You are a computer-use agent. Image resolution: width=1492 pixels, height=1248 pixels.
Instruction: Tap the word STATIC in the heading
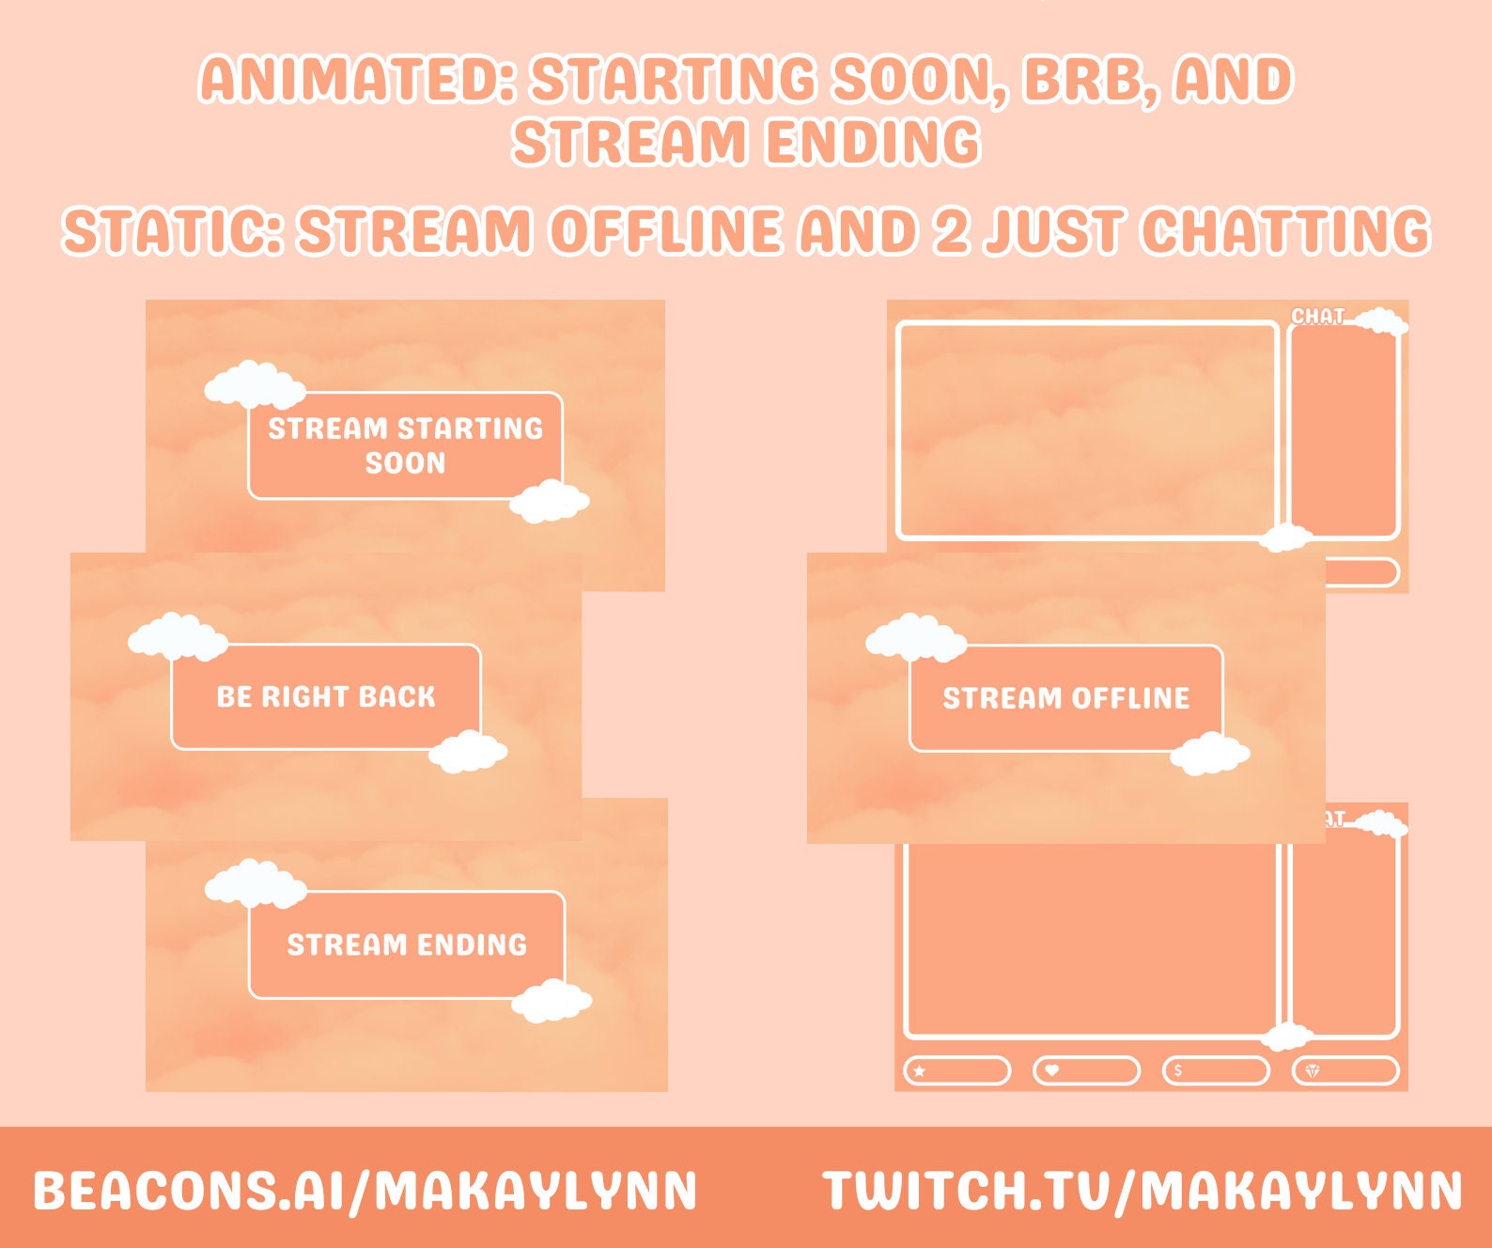pyautogui.click(x=172, y=231)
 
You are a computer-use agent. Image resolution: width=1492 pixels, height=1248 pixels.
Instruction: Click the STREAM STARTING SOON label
pyautogui.click(x=406, y=445)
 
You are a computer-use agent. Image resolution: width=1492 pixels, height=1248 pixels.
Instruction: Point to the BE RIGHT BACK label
pyautogui.click(x=326, y=696)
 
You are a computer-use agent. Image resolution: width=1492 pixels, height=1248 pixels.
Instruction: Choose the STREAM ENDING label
pyautogui.click(x=407, y=944)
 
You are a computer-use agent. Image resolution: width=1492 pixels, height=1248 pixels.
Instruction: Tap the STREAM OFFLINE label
pyautogui.click(x=1066, y=698)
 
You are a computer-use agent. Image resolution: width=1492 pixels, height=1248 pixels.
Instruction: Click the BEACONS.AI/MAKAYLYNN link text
pyautogui.click(x=365, y=1190)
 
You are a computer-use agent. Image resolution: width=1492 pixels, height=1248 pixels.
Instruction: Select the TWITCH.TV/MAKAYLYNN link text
pyautogui.click(x=1142, y=1190)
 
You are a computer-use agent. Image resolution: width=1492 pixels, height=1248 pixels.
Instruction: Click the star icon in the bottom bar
pyautogui.click(x=920, y=1070)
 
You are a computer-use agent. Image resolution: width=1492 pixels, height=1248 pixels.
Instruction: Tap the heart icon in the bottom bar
pyautogui.click(x=1052, y=1070)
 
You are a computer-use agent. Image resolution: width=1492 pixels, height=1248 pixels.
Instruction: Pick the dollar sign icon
pyautogui.click(x=1178, y=1070)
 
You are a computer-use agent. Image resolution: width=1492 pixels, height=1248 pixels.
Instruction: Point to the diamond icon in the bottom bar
pyautogui.click(x=1313, y=1070)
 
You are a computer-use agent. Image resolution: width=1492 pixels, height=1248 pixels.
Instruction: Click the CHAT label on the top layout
pyautogui.click(x=1317, y=316)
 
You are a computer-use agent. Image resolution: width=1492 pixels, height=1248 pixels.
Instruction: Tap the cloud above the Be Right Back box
pyautogui.click(x=178, y=636)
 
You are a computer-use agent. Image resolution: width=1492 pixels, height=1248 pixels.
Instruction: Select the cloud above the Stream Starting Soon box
pyautogui.click(x=255, y=383)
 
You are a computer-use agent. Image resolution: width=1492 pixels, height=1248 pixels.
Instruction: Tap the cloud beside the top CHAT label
pyautogui.click(x=1381, y=321)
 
